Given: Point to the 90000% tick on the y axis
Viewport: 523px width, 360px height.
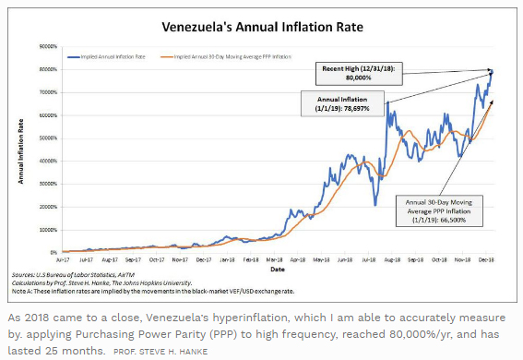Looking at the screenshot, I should click(x=49, y=45).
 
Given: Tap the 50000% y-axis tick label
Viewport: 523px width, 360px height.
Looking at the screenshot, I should click(x=49, y=138).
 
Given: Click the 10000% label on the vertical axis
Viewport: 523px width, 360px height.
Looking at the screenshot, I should click(x=49, y=229).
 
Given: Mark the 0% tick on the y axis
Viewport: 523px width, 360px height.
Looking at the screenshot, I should click(x=53, y=252).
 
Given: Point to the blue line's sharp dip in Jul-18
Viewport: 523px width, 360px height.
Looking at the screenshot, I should click(x=374, y=204).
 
